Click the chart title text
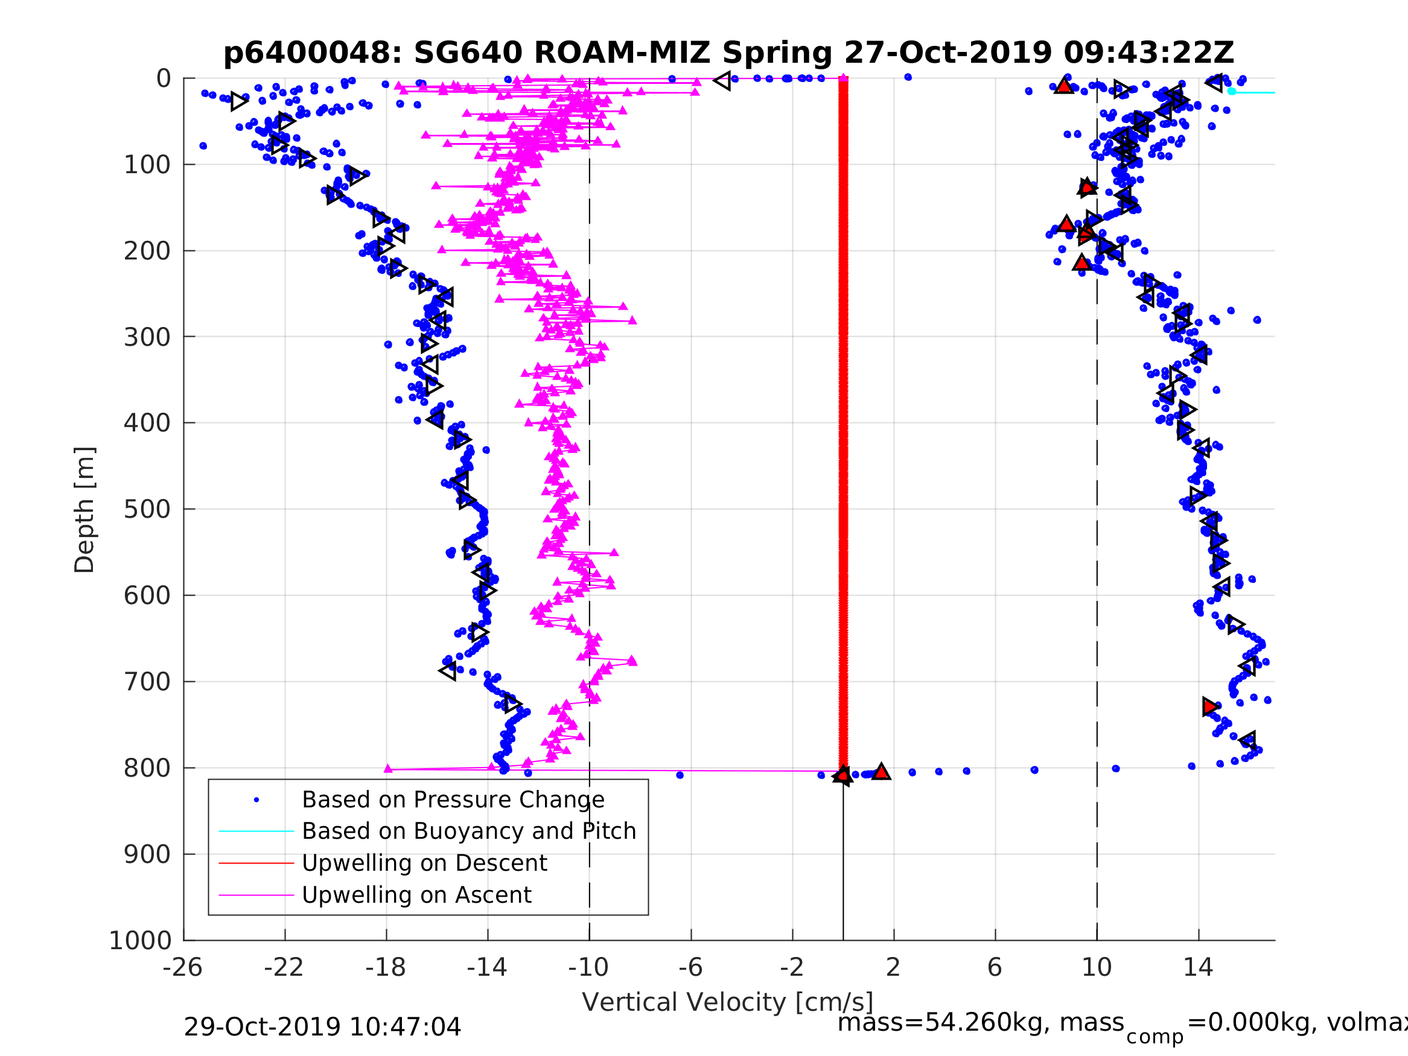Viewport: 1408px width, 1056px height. (728, 53)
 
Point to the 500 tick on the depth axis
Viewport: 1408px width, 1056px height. (147, 509)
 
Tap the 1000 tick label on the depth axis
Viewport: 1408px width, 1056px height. (140, 940)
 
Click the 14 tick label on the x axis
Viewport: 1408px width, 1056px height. (1198, 968)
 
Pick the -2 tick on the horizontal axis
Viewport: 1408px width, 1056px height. (792, 968)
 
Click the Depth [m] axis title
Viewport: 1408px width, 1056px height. (84, 509)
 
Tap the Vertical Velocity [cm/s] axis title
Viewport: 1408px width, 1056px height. (728, 1002)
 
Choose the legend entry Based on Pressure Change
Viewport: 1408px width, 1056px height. (453, 800)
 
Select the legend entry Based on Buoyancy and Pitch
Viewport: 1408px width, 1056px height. (468, 832)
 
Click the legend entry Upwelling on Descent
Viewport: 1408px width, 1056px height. (424, 863)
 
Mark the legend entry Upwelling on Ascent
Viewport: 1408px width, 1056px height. (416, 895)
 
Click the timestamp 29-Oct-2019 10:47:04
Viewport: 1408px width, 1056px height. (322, 1028)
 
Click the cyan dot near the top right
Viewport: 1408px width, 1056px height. (1232, 91)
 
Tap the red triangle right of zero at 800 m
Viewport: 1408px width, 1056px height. (881, 771)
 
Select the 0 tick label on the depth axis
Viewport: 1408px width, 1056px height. (164, 79)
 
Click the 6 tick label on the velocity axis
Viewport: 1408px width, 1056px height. (995, 968)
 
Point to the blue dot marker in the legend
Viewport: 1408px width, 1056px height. (256, 800)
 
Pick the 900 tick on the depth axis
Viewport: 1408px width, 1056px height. (147, 854)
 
